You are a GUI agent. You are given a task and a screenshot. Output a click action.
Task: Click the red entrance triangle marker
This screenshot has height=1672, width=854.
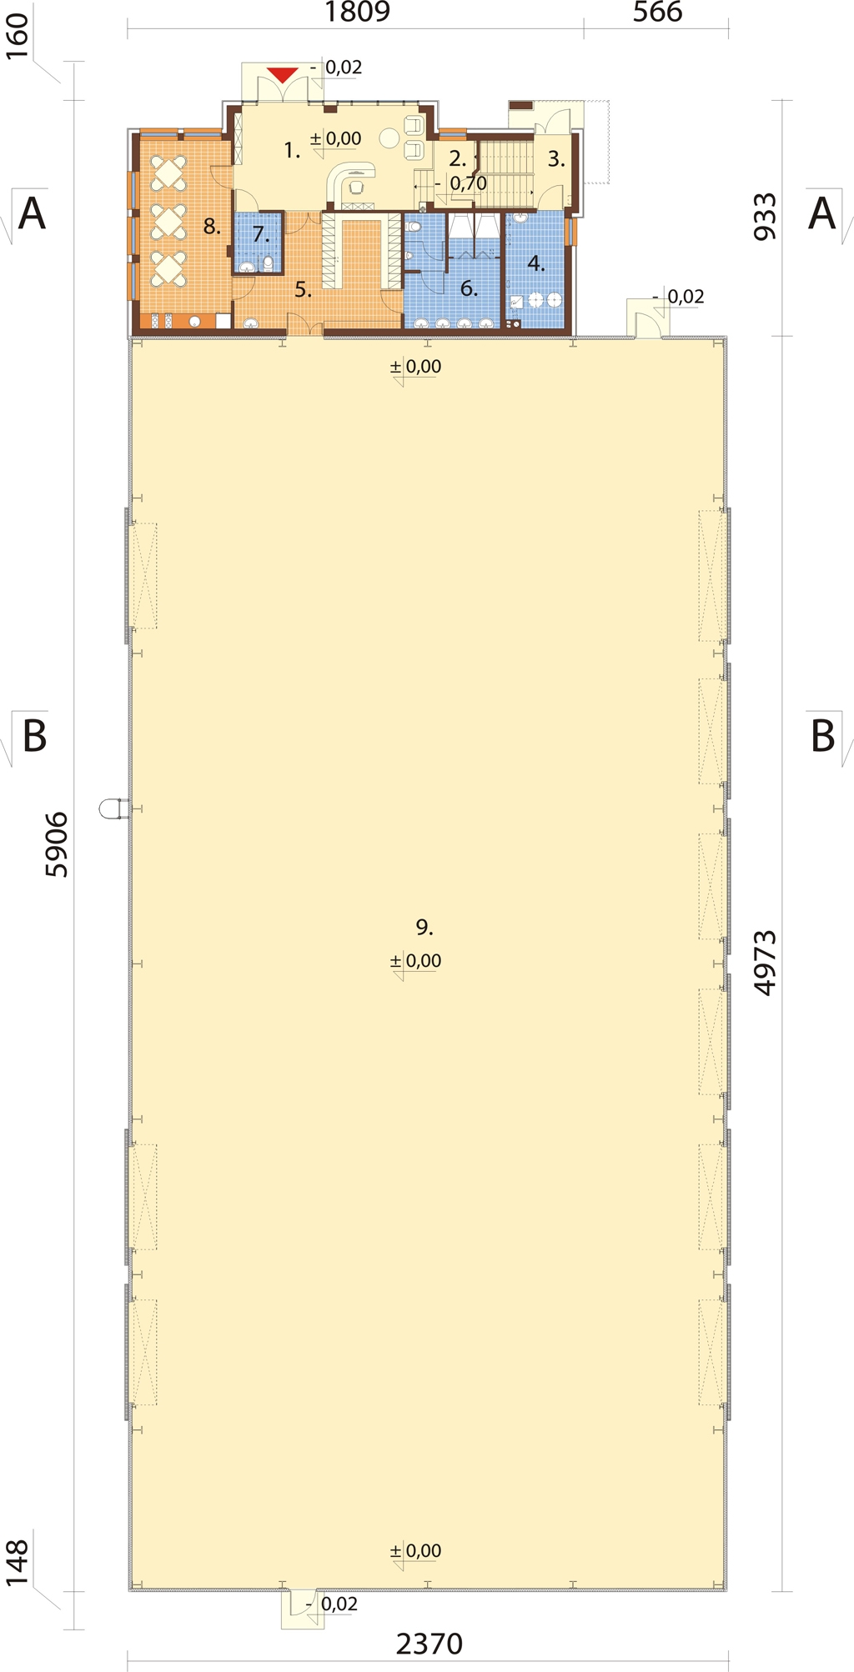[283, 75]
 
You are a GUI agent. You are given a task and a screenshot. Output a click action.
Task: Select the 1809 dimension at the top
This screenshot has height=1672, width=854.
[357, 13]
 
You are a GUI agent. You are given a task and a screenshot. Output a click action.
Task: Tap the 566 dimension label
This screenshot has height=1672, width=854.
[657, 13]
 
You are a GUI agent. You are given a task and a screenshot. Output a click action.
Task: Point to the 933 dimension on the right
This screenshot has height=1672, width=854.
[765, 217]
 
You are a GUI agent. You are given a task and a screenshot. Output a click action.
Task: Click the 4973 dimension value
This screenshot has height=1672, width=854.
[765, 963]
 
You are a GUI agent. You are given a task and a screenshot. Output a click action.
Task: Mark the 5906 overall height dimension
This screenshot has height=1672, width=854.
[56, 844]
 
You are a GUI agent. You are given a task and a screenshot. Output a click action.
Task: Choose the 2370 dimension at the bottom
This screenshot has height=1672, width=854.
[429, 1644]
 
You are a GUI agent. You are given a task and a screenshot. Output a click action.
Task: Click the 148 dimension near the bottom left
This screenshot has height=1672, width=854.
[17, 1563]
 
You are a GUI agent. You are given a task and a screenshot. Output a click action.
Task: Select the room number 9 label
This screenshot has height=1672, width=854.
[424, 927]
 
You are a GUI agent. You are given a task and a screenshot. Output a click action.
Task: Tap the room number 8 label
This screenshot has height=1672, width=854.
[212, 226]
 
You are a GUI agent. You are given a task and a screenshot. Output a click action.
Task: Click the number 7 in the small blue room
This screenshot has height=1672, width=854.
[261, 235]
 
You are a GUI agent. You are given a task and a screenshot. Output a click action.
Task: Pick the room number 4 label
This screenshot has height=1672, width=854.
[536, 263]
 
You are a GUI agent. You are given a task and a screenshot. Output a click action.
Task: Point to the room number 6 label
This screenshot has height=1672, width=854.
[470, 288]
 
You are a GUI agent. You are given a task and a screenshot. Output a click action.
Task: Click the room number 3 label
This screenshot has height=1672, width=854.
[556, 159]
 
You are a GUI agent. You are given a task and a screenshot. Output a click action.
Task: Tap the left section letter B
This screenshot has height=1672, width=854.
[34, 736]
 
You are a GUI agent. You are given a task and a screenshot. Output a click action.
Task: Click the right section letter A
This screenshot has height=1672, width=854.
[821, 213]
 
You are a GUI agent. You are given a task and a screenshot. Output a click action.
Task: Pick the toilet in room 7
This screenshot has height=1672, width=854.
[268, 264]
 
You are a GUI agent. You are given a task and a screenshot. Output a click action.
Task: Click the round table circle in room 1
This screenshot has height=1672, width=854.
[389, 138]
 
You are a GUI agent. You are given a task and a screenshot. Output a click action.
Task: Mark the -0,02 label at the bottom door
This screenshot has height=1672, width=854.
[332, 1604]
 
